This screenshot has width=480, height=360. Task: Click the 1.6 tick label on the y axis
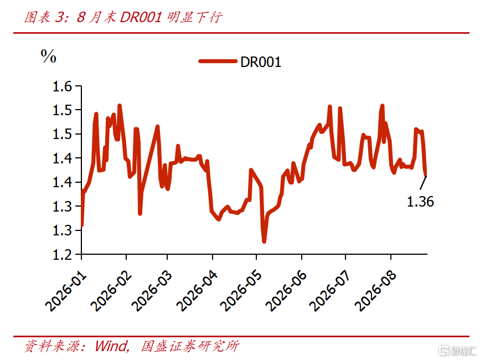pos(63,86)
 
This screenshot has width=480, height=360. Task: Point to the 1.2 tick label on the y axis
pos(63,255)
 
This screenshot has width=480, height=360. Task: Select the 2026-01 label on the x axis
pos(66,291)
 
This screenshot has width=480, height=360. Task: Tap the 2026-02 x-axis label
pos(111,291)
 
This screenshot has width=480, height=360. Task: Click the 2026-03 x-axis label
pos(152,291)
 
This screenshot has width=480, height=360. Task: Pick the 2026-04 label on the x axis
pos(197,291)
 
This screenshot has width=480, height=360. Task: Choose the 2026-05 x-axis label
pos(241,291)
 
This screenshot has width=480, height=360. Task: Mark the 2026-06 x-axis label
pos(286,291)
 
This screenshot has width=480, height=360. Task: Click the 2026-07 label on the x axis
pos(330,291)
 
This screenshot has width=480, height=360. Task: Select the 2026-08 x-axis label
pos(375,291)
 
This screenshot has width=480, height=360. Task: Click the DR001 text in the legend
pos(261,62)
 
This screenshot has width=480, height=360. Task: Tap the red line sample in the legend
pos(218,61)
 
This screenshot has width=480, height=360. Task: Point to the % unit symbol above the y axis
pos(48,56)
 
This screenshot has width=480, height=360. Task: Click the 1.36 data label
pos(420,202)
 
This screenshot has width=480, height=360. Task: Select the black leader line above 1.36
pos(423,183)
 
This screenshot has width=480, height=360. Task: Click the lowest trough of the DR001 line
pos(264,241)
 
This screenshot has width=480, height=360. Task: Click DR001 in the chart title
pos(141,17)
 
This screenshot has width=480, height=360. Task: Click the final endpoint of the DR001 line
pos(425,175)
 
